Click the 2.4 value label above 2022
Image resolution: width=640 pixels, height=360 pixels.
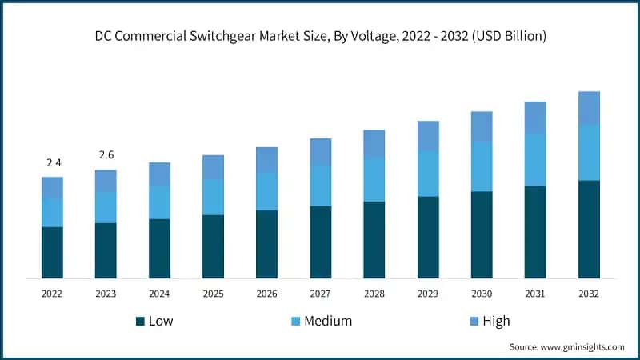point(54,163)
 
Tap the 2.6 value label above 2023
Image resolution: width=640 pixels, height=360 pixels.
point(106,155)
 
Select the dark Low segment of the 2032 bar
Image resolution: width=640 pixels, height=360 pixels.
point(589,229)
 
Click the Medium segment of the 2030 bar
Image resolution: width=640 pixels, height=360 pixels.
point(482,166)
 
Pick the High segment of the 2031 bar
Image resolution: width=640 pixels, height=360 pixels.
point(535,118)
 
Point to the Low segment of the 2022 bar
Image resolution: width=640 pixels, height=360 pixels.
point(53,252)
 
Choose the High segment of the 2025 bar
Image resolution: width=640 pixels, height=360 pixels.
point(214,166)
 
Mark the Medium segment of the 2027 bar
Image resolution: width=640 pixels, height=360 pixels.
point(321,186)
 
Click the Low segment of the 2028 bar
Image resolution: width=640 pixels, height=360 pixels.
point(374,239)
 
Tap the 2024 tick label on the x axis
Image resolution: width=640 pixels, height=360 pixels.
point(159,294)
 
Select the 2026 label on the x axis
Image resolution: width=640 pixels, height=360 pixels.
point(266,294)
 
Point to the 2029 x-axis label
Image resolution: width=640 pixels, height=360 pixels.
point(428,294)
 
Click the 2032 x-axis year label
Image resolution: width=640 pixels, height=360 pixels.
point(589,294)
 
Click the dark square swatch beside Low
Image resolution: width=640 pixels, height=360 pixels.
point(140,322)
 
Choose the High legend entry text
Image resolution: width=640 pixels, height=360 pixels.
point(495,322)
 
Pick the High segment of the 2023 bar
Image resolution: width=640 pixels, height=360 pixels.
point(106,181)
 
